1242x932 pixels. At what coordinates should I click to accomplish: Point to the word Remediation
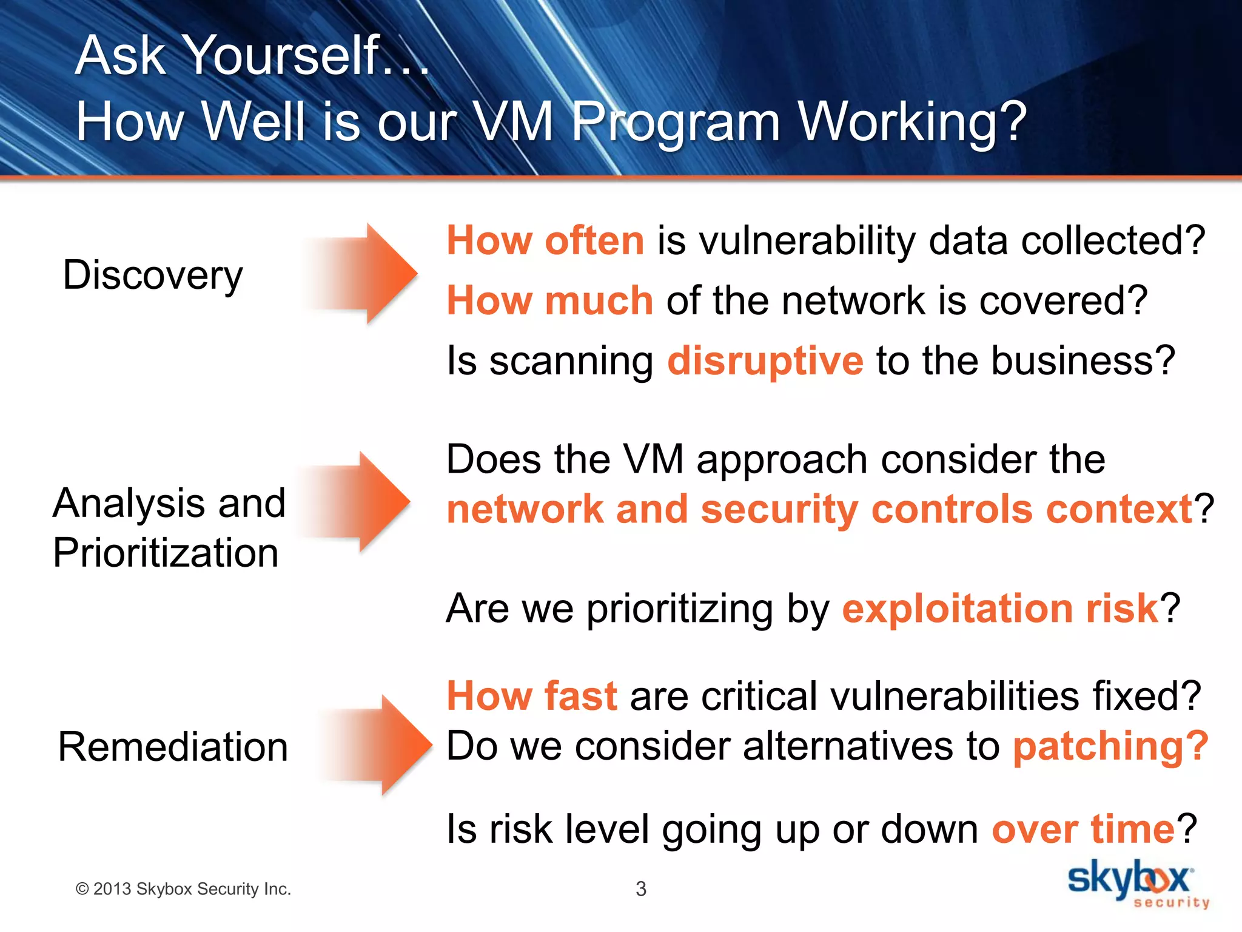[173, 747]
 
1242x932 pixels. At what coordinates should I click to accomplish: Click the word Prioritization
[166, 553]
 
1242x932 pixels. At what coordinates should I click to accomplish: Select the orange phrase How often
[545, 240]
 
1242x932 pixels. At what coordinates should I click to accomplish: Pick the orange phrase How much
[549, 300]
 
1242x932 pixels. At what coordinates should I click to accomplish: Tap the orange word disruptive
[765, 361]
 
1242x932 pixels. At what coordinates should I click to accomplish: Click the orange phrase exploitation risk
[1000, 609]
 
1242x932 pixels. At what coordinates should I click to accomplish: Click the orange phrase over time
[1083, 829]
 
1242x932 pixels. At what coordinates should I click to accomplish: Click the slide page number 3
[640, 889]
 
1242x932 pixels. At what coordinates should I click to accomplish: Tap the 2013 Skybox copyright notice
[183, 889]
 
